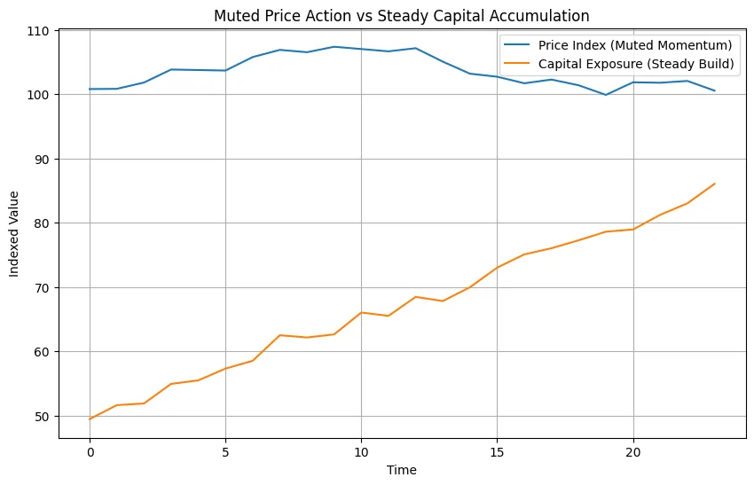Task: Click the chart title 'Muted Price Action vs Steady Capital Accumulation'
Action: coord(402,15)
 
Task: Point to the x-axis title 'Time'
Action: coord(402,470)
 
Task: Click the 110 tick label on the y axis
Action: coord(41,31)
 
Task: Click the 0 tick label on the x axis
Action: coord(90,451)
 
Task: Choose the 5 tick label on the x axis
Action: coord(225,451)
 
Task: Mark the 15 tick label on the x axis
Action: coord(497,451)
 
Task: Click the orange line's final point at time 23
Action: coord(715,184)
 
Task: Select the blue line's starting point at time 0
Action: coord(90,89)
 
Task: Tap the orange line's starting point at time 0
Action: coord(90,419)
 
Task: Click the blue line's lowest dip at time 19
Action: coord(606,95)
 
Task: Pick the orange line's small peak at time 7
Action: coord(279,335)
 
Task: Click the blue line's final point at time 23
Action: coord(715,90)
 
